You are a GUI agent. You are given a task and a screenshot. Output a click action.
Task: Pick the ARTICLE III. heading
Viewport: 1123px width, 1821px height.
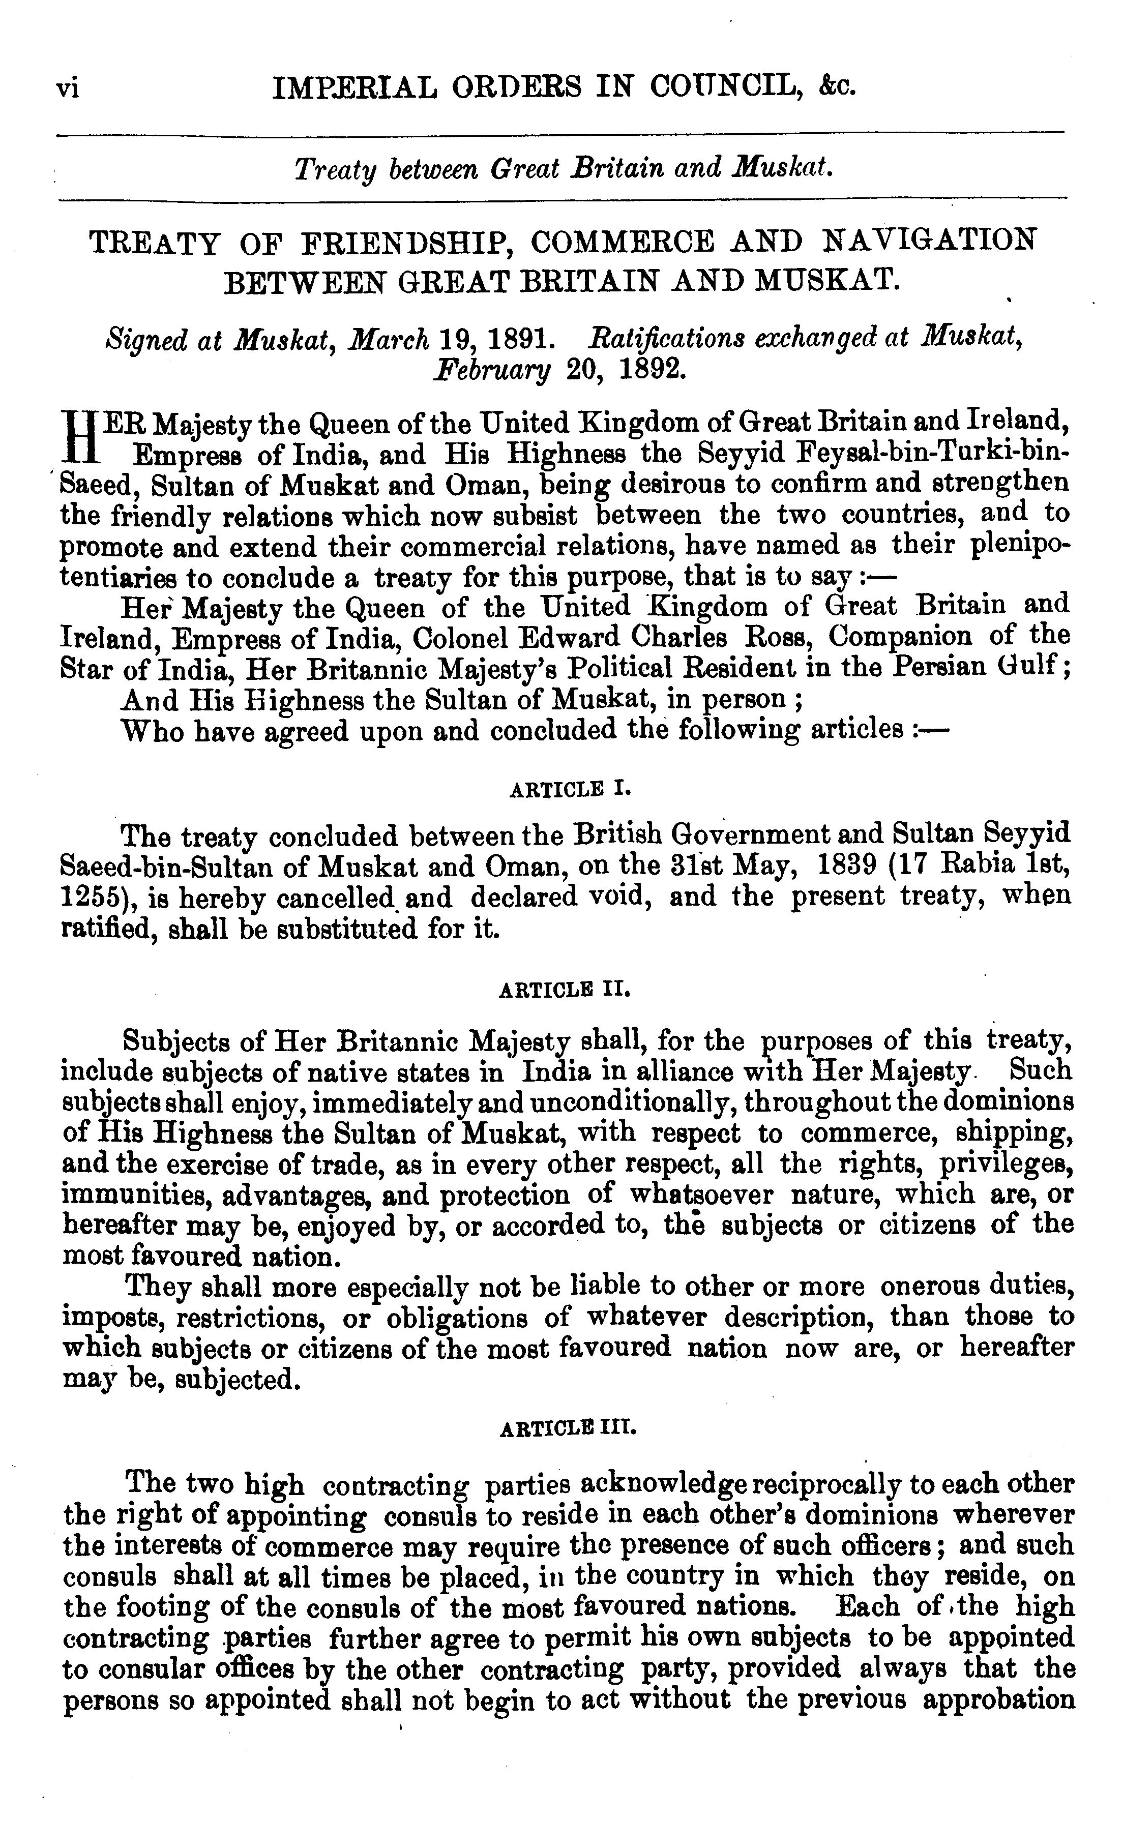point(568,1427)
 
